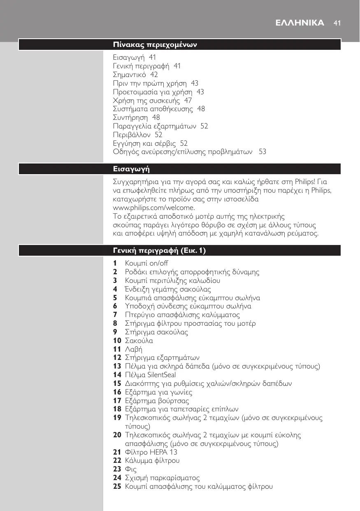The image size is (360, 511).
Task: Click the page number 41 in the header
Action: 337,23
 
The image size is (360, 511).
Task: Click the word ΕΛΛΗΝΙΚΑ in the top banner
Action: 300,23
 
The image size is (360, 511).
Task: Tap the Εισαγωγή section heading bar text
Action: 131,169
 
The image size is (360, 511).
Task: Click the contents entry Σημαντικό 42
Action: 135,75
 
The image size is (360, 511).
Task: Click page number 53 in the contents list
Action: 262,152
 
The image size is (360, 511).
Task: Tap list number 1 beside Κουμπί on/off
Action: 115,263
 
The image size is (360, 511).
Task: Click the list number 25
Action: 117,487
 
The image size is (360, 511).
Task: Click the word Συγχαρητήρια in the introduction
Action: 135,182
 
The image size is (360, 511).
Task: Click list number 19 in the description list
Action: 117,418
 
